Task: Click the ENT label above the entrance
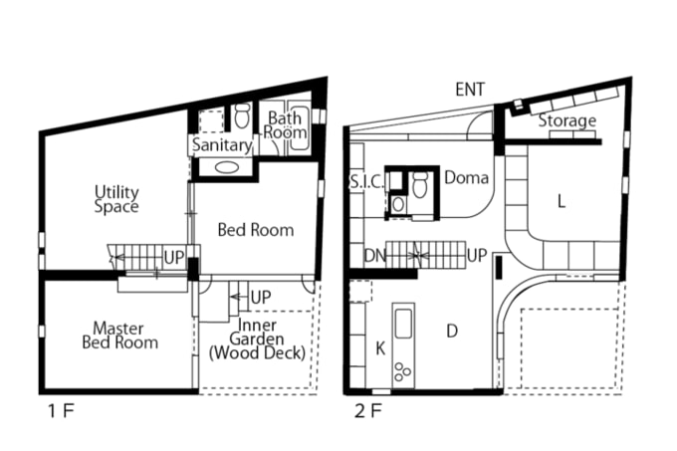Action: click(470, 90)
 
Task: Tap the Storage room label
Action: click(566, 120)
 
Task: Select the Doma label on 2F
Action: click(467, 177)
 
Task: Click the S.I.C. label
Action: click(366, 182)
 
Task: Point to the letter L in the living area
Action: click(562, 201)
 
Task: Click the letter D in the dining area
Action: click(452, 331)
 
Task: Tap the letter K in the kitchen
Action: click(380, 347)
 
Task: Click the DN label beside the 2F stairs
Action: click(374, 256)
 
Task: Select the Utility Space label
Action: click(116, 199)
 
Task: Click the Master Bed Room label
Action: click(119, 336)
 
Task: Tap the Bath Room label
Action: click(285, 124)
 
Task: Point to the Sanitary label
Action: click(222, 145)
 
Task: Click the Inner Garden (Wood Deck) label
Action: click(257, 339)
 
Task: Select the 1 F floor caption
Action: click(61, 411)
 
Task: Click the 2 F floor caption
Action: click(367, 411)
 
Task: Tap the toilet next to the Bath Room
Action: click(242, 115)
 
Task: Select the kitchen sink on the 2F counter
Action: click(403, 324)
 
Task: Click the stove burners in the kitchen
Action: click(403, 371)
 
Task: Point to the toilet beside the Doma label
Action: click(420, 185)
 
